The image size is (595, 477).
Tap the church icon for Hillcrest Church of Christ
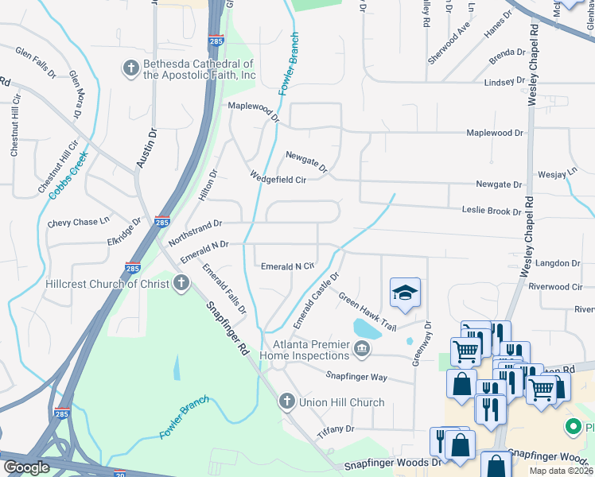coord(181,283)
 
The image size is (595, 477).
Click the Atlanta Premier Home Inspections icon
coord(362,347)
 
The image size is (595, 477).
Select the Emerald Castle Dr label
coord(316,300)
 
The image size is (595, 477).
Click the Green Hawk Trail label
coord(367,312)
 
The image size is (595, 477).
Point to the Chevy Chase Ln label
coord(78,223)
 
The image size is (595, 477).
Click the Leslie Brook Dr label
coord(492,211)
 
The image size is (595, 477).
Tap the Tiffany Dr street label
coord(335,429)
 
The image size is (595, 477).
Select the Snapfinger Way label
coord(356,375)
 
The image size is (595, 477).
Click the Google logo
coord(27,467)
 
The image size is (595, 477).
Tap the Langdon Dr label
coord(558,263)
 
